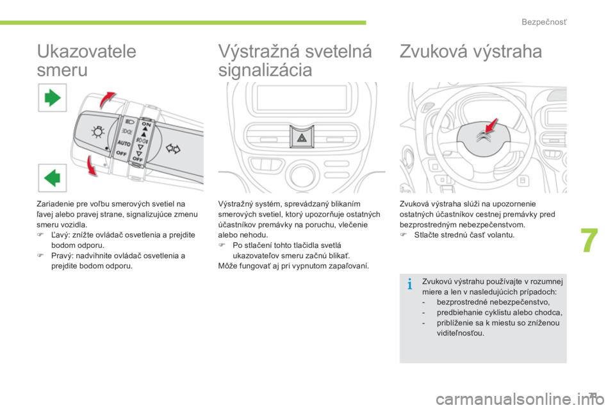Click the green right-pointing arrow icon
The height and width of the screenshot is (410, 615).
(53, 97)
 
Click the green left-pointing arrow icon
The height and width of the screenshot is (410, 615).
(52, 177)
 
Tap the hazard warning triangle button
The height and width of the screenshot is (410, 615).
(302, 137)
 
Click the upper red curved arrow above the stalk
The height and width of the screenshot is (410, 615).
(107, 99)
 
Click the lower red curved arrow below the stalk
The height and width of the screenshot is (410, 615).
(92, 165)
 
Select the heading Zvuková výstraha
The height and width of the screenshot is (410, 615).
(471, 51)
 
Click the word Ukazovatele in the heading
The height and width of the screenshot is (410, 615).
(86, 51)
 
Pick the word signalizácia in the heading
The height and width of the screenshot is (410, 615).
(265, 70)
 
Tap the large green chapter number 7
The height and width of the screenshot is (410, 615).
(589, 240)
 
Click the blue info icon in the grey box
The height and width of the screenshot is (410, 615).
(409, 283)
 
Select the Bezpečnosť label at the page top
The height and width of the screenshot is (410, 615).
(544, 22)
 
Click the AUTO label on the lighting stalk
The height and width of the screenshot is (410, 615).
(124, 143)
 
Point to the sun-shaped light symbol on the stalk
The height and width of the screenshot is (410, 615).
(97, 132)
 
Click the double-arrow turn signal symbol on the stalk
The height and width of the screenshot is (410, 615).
(172, 149)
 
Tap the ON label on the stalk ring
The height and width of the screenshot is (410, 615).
(146, 124)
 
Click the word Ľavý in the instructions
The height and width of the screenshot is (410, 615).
(60, 235)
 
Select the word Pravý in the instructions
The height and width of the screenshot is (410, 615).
(61, 256)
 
